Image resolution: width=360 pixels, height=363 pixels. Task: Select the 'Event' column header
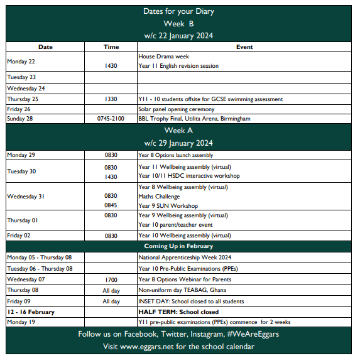pyautogui.click(x=244, y=46)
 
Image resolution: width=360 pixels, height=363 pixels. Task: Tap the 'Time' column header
pyautogui.click(x=111, y=46)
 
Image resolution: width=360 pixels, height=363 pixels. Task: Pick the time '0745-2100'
pyautogui.click(x=111, y=119)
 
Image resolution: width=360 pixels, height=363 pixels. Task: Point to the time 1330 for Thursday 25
pyautogui.click(x=111, y=99)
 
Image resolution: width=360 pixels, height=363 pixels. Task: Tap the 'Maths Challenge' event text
pyautogui.click(x=158, y=197)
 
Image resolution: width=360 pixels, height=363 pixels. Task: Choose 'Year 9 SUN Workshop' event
pyautogui.click(x=168, y=206)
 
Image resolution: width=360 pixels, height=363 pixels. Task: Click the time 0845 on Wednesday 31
pyautogui.click(x=111, y=206)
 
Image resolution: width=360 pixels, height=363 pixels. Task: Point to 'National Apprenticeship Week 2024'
pyautogui.click(x=186, y=257)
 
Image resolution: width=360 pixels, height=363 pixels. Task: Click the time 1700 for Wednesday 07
pyautogui.click(x=111, y=279)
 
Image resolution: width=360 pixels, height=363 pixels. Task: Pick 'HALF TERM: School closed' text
pyautogui.click(x=178, y=312)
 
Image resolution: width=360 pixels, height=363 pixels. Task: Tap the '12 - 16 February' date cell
pyautogui.click(x=31, y=312)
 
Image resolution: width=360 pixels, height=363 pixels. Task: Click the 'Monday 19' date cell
pyautogui.click(x=21, y=322)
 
